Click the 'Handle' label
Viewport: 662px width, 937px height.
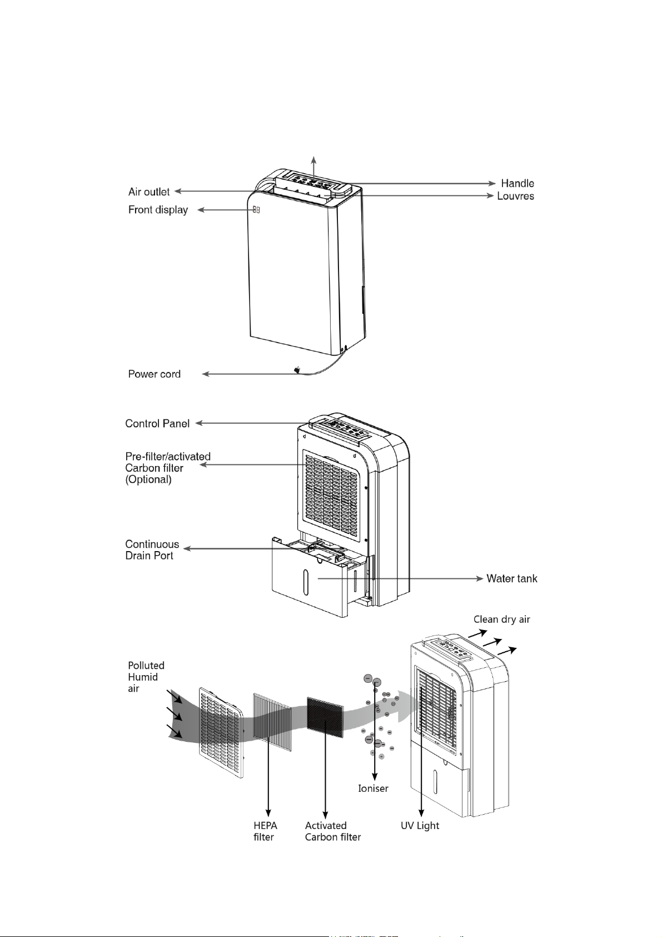(x=517, y=184)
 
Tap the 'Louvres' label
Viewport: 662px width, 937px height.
(x=515, y=196)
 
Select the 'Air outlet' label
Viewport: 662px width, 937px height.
(x=149, y=192)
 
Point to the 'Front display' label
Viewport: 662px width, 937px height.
(x=158, y=210)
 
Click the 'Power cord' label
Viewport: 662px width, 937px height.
(x=154, y=374)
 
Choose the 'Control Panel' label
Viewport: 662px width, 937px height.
(x=157, y=424)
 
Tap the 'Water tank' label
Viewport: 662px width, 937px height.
(x=511, y=579)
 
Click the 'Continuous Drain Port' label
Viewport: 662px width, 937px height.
(x=152, y=550)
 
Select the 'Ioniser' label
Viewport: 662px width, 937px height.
(x=373, y=789)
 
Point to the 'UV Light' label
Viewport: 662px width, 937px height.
(x=420, y=826)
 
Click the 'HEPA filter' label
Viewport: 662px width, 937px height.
(x=265, y=831)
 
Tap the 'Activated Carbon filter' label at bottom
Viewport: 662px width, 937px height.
(x=332, y=831)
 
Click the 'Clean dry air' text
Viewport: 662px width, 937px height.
(x=501, y=619)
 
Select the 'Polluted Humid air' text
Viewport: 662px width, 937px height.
(x=146, y=677)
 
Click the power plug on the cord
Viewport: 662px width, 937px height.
(x=298, y=369)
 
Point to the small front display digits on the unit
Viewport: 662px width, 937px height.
(x=256, y=210)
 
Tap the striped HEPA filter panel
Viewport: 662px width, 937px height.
(x=272, y=722)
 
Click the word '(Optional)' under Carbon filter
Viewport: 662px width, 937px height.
(x=148, y=479)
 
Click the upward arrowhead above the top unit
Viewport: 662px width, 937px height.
(x=315, y=159)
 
